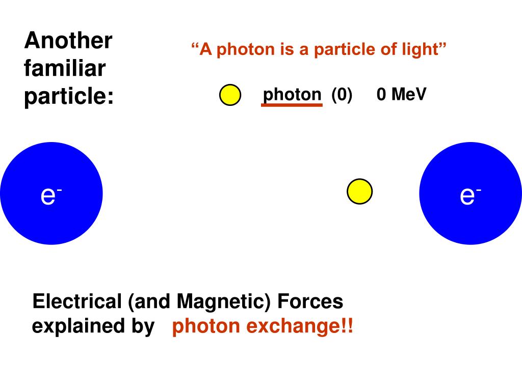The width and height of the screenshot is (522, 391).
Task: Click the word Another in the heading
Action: point(68,41)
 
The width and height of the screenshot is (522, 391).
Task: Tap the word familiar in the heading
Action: point(64,68)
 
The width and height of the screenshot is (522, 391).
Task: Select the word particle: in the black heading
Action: point(69,97)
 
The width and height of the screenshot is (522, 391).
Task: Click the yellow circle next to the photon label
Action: point(230,95)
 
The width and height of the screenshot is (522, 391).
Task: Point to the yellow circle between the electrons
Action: point(359,191)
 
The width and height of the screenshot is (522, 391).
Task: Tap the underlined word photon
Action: point(292,95)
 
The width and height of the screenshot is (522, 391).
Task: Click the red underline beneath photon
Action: point(292,105)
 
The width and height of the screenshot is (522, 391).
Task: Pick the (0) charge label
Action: point(342,95)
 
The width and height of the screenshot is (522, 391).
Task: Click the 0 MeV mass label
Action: point(401,95)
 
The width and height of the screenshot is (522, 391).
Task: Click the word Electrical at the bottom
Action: point(75,302)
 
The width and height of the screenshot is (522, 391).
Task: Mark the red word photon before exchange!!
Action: point(206,326)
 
